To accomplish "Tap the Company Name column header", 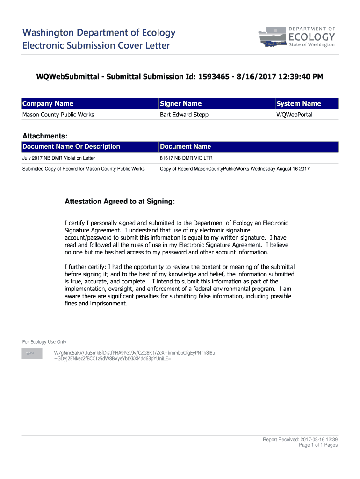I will pos(48,103).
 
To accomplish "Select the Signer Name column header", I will pos(180,103).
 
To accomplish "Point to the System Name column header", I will pos(298,103).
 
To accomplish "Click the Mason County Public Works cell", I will pos(58,115).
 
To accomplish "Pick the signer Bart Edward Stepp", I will pos(184,115).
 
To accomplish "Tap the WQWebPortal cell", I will pos(295,115).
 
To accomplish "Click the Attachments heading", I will pos(45,136).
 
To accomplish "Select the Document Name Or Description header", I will pos(71,146).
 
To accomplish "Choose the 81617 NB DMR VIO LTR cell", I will pos(186,158).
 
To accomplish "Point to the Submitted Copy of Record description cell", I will pos(83,168).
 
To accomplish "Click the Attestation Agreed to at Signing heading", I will pos(120,202).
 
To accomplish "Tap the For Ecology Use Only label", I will pos(44,342).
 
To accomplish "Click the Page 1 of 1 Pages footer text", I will pos(318,445).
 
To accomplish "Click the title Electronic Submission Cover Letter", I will pos(96,45).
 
